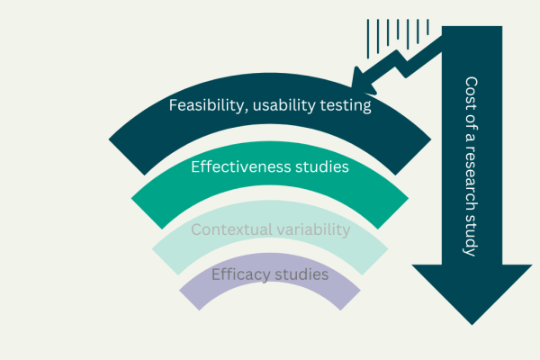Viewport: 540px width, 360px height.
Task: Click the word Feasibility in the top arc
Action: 204,106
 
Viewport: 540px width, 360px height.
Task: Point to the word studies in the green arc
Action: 324,166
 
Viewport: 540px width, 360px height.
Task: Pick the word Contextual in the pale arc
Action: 228,229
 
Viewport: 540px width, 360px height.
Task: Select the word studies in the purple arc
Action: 304,273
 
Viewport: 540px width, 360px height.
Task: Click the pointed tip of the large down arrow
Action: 471,323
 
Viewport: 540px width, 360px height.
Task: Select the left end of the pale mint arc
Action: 162,246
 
